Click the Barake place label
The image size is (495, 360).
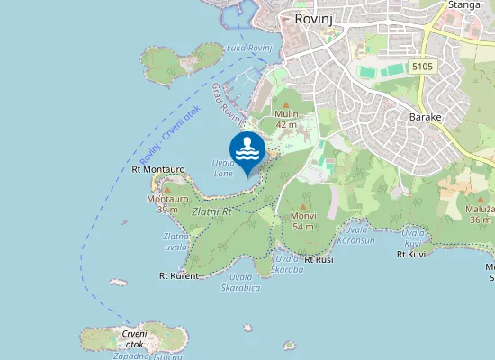tap(425, 117)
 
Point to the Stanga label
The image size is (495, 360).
tap(465, 4)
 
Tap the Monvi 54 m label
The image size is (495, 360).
tap(303, 221)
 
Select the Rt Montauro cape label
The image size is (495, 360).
tap(157, 168)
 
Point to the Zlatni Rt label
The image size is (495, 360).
tap(212, 211)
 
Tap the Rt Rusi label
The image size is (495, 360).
tap(319, 259)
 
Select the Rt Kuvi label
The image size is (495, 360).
tap(410, 255)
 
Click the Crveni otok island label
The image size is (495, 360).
tap(133, 338)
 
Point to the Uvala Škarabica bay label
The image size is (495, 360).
tap(241, 282)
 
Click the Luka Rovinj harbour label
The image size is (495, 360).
tap(248, 47)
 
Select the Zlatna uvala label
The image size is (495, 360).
tap(175, 241)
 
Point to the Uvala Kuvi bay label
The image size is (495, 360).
tap(413, 238)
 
